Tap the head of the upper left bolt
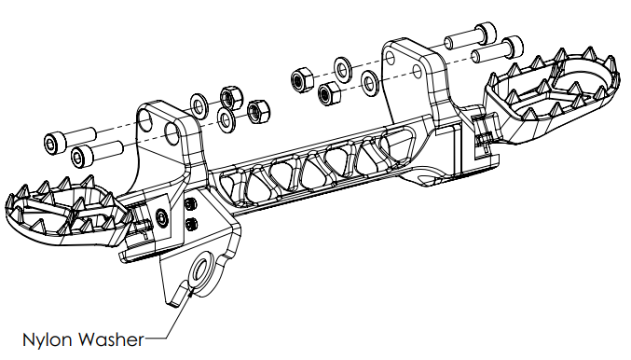54,144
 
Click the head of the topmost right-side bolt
486,34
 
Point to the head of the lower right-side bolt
513,48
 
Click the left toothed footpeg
68,210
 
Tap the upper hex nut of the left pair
231,97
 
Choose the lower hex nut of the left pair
257,112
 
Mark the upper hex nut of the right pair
302,79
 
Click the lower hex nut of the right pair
329,93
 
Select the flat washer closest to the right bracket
369,83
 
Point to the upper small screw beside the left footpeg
190,204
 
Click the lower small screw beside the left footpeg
192,224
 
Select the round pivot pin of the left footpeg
162,217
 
